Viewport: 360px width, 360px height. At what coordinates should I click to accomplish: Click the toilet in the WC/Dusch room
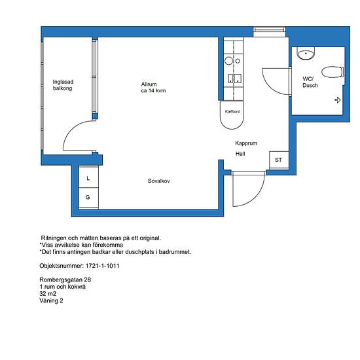(x=333, y=72)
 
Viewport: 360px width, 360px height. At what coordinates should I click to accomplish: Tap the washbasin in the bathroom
(x=306, y=54)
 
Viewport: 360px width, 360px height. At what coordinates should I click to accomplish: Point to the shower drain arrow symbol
(x=337, y=100)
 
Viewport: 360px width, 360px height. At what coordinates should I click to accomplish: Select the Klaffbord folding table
(x=232, y=115)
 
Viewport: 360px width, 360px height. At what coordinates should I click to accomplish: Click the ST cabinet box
(x=279, y=160)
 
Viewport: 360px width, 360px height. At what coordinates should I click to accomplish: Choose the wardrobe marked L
(x=88, y=177)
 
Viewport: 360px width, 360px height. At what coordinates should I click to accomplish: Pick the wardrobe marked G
(x=88, y=198)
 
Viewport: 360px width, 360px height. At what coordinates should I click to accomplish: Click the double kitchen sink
(x=234, y=79)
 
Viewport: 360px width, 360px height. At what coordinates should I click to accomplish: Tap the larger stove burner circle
(x=228, y=61)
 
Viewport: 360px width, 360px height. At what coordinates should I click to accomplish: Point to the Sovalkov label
(x=158, y=181)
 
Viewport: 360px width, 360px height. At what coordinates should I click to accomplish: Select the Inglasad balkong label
(x=63, y=85)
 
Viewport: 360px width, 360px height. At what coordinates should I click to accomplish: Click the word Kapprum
(x=246, y=143)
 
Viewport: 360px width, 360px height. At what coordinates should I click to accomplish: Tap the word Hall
(x=240, y=154)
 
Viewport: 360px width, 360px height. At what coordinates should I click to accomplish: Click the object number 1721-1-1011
(x=102, y=266)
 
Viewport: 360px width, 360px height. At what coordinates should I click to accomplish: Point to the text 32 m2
(x=48, y=294)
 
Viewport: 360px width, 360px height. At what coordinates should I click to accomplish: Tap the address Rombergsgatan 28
(x=65, y=279)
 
